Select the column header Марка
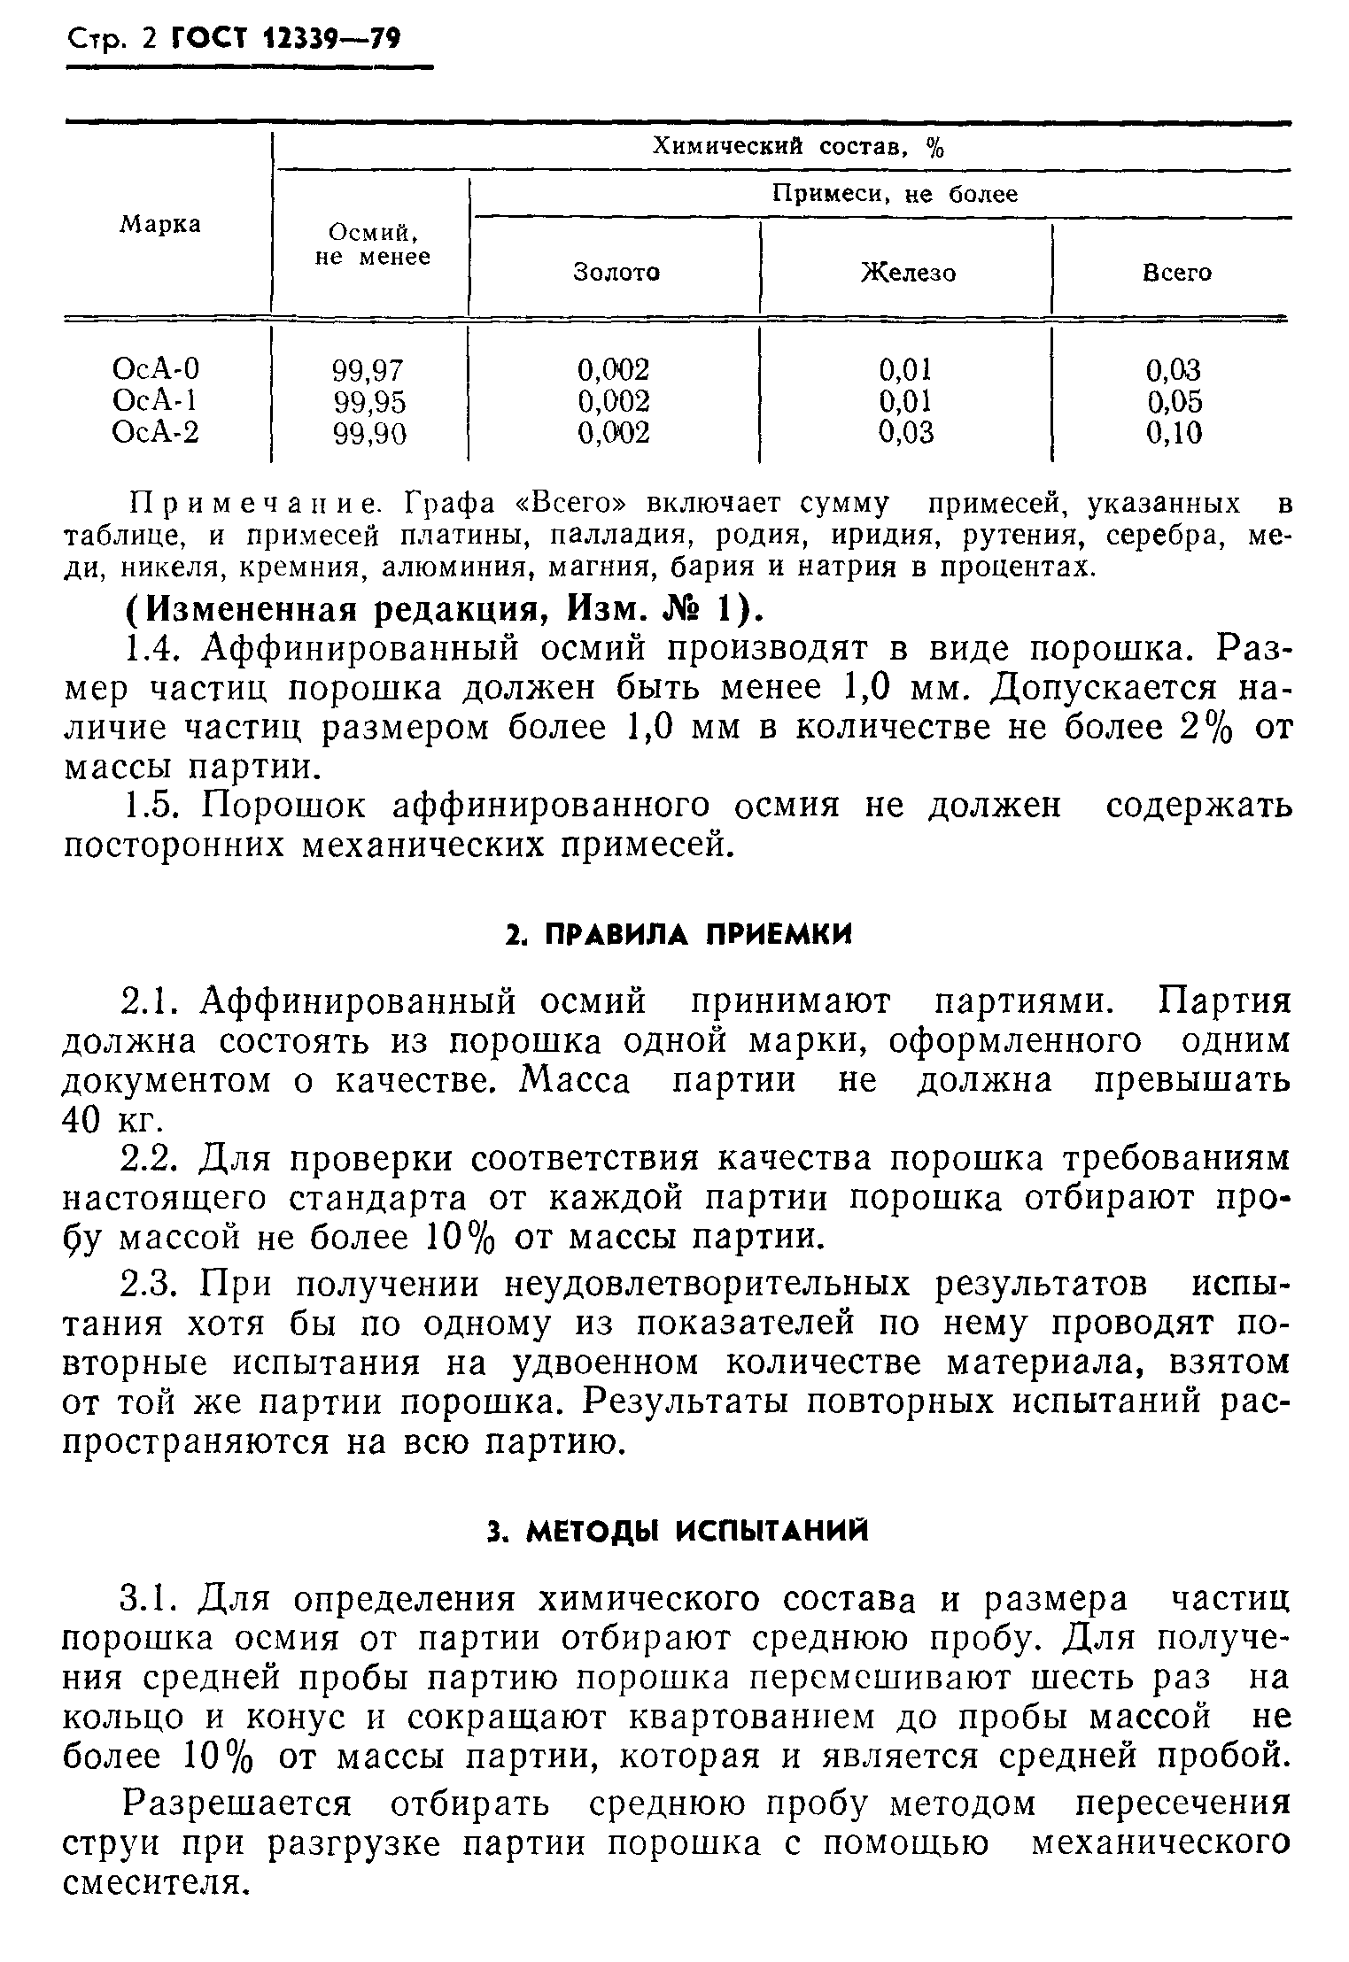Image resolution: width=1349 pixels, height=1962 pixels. [x=160, y=225]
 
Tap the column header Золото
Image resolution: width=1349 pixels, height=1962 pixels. [x=616, y=273]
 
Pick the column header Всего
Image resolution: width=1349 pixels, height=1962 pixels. [x=1176, y=273]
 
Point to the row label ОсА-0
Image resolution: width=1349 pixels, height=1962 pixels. [x=156, y=368]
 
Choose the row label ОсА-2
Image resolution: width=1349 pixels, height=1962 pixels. [x=156, y=433]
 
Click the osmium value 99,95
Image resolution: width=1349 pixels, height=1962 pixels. [x=369, y=402]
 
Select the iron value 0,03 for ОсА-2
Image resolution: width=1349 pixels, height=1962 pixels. [x=905, y=433]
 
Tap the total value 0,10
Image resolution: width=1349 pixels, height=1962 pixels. [x=1175, y=433]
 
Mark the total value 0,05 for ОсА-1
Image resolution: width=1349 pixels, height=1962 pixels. [x=1175, y=402]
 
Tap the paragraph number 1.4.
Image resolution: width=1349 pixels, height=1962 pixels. [x=153, y=649]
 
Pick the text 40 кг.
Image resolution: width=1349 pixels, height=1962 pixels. [x=112, y=1120]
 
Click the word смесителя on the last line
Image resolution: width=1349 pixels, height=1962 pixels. [x=154, y=1881]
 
